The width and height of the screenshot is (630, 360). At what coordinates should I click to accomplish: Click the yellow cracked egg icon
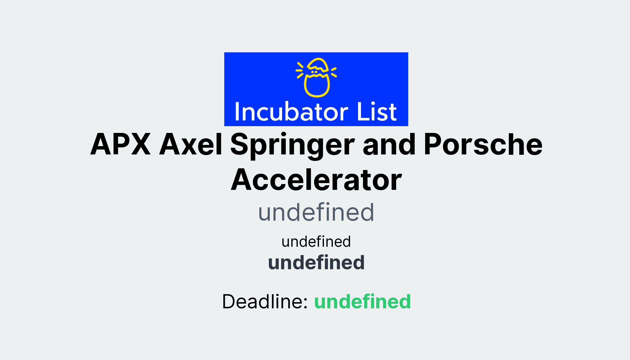pyautogui.click(x=316, y=78)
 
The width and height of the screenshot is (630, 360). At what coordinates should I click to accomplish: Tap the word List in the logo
pyautogui.click(x=377, y=112)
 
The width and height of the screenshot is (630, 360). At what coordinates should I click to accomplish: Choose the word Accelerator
pyautogui.click(x=316, y=180)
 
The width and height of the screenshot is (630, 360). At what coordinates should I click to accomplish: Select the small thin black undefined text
pyautogui.click(x=316, y=242)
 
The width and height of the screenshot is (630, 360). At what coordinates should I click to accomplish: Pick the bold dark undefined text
pyautogui.click(x=316, y=263)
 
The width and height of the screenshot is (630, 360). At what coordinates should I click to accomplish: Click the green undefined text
pyautogui.click(x=362, y=302)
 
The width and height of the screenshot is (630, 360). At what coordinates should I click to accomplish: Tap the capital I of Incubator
pyautogui.click(x=237, y=112)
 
